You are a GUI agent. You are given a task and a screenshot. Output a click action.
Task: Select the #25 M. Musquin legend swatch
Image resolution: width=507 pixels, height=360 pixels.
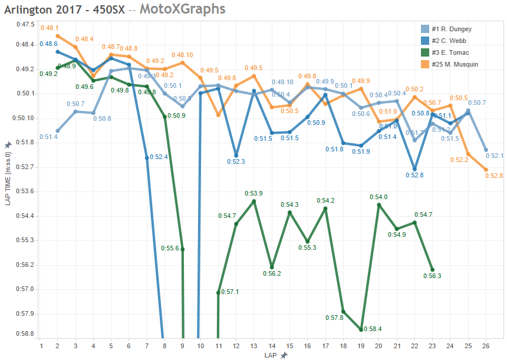pyautogui.click(x=424, y=64)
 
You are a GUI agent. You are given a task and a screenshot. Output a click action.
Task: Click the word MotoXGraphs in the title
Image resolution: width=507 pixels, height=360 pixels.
pyautogui.click(x=182, y=9)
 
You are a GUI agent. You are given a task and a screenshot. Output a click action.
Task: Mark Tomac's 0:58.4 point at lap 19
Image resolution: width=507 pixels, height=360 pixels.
pyautogui.click(x=361, y=330)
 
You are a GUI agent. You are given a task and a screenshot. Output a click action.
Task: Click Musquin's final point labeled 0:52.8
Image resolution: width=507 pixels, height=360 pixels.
pyautogui.click(x=486, y=170)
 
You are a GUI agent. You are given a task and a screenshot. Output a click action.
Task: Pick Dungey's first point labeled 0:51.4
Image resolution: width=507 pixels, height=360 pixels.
pyautogui.click(x=57, y=131)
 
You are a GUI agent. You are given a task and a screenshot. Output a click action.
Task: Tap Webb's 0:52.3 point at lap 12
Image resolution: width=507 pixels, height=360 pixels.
pyautogui.click(x=236, y=155)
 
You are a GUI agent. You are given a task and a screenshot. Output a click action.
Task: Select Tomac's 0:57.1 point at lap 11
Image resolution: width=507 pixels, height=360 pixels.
pyautogui.click(x=219, y=292)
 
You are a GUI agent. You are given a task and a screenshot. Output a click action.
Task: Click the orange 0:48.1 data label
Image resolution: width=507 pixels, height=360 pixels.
pyautogui.click(x=49, y=28)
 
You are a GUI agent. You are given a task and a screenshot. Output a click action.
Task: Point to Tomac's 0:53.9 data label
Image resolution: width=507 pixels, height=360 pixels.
pyautogui.click(x=254, y=193)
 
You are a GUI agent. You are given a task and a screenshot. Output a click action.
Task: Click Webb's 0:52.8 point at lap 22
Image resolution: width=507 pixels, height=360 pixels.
pyautogui.click(x=415, y=169)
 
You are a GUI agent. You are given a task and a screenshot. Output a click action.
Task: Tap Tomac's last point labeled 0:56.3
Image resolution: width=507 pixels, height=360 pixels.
pyautogui.click(x=433, y=269)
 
